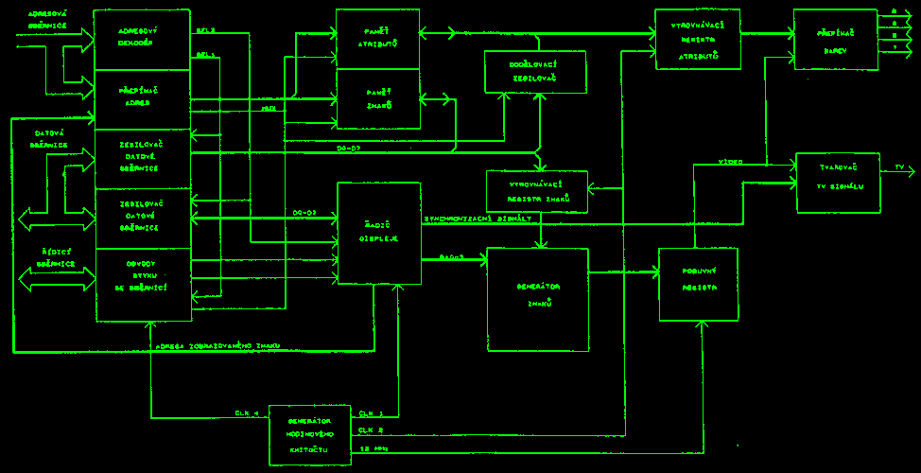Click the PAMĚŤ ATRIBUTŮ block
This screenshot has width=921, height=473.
point(378,39)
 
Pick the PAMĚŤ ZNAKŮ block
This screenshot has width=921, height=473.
point(378,98)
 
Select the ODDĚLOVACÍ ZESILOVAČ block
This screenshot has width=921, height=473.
point(536,72)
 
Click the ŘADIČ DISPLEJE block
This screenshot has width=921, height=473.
point(378,233)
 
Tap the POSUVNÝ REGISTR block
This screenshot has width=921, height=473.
point(699,285)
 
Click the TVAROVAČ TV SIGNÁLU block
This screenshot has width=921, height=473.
point(838,183)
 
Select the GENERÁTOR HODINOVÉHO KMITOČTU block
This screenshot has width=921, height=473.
point(309,433)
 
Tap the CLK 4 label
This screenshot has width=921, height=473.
point(247,413)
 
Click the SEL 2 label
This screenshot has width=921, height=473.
point(205,30)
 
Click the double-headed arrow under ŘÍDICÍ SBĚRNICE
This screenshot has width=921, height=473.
point(57,279)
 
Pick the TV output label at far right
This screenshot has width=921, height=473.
point(899,167)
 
